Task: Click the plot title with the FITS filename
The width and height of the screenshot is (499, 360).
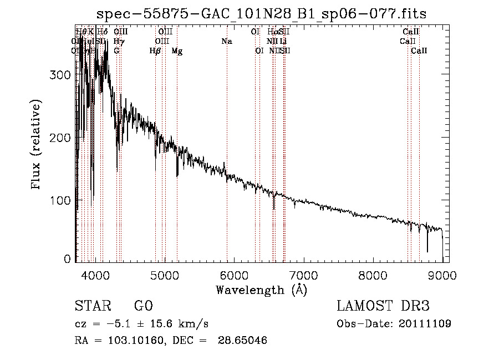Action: [261, 13]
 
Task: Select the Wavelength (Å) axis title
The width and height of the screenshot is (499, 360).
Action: [261, 290]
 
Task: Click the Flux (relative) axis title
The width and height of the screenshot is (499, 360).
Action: [37, 145]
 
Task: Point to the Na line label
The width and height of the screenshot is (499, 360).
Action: [226, 41]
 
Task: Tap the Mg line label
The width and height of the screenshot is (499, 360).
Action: [177, 51]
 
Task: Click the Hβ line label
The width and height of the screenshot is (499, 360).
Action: [155, 51]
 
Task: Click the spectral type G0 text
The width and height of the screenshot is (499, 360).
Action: [143, 306]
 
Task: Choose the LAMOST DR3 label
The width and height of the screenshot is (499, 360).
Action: [383, 306]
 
